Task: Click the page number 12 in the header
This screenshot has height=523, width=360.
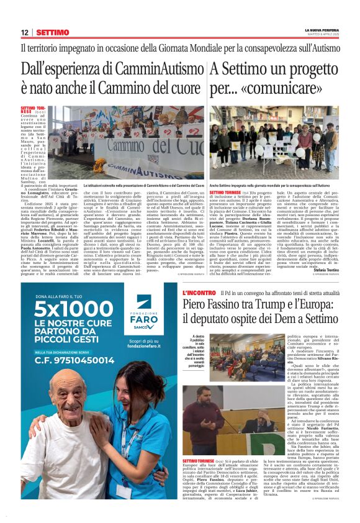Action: [25, 32]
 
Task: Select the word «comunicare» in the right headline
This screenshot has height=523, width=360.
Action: [282, 86]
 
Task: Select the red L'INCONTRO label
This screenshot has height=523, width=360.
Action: [199, 292]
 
